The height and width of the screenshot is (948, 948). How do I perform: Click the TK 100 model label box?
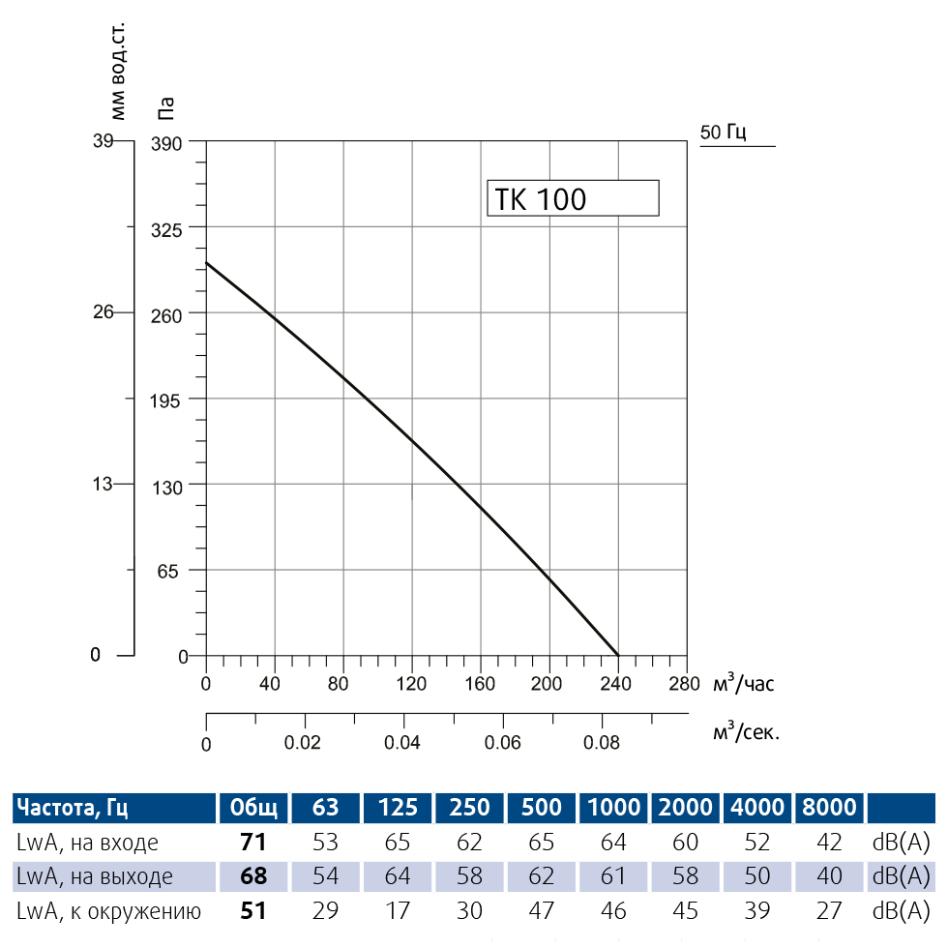pyautogui.click(x=572, y=198)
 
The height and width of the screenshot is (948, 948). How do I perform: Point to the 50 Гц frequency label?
pyautogui.click(x=724, y=133)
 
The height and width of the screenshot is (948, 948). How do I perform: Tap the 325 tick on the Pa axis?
pyautogui.click(x=171, y=227)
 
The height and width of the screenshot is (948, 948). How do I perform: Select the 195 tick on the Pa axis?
pyautogui.click(x=171, y=399)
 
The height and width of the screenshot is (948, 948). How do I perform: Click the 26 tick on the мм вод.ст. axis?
pyautogui.click(x=103, y=312)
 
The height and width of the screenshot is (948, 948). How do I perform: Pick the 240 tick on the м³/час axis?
pyautogui.click(x=616, y=684)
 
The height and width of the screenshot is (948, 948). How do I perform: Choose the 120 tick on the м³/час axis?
pyautogui.click(x=412, y=684)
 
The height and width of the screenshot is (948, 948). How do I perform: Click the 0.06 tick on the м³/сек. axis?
pyautogui.click(x=502, y=743)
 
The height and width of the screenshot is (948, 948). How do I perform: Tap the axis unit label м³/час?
pyautogui.click(x=743, y=684)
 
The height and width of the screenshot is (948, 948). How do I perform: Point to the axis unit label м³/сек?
pyautogui.click(x=746, y=732)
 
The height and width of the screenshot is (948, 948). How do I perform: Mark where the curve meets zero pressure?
pyautogui.click(x=617, y=655)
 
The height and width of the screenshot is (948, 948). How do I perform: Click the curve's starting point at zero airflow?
pyautogui.click(x=206, y=262)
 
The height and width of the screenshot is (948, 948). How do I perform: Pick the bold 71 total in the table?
pyautogui.click(x=252, y=843)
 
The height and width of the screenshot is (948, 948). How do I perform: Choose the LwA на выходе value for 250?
pyautogui.click(x=470, y=876)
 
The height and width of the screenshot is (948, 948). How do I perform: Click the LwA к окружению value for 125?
pyautogui.click(x=398, y=910)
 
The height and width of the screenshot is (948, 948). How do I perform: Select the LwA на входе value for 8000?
pyautogui.click(x=829, y=843)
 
